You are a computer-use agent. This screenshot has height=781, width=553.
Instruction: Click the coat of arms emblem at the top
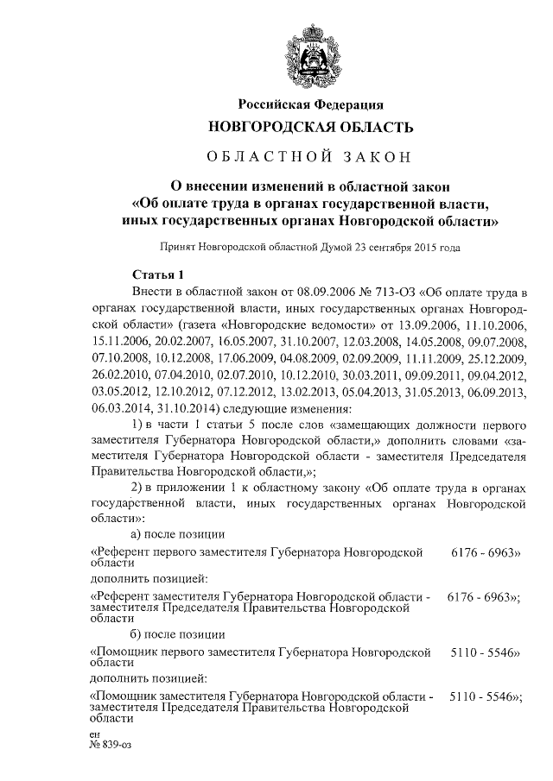[x=310, y=56]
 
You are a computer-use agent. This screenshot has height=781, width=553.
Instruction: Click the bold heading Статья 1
[x=156, y=275]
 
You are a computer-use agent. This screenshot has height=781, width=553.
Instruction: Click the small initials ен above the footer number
[x=94, y=734]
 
